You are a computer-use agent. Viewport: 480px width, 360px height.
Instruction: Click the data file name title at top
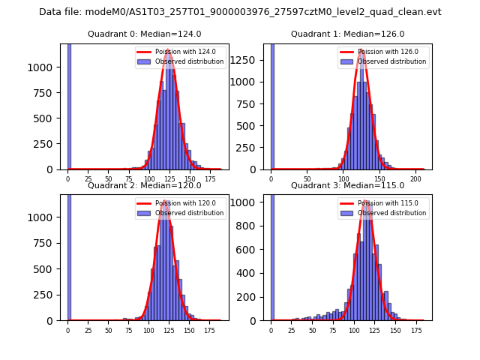click(240, 12)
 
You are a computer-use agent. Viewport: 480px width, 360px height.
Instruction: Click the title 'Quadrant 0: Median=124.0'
click(144, 34)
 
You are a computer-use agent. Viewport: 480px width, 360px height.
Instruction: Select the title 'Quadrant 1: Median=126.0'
click(347, 34)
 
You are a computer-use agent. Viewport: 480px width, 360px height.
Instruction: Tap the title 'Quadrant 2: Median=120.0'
click(144, 185)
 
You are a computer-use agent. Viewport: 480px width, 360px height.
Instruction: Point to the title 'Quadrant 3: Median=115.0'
click(347, 185)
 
